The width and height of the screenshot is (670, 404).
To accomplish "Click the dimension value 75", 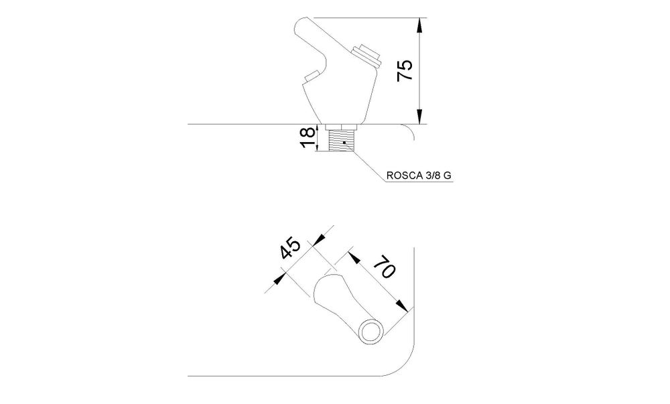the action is click(405, 70).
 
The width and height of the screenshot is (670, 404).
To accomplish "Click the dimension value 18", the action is click(308, 137).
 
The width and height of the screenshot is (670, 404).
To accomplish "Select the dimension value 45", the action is click(291, 248).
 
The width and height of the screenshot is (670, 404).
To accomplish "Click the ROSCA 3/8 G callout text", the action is click(419, 175).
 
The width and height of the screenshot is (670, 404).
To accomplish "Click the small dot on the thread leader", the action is click(344, 142).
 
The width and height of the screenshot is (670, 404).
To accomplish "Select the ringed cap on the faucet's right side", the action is click(366, 54).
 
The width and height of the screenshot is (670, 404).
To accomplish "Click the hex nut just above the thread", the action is click(341, 127).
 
